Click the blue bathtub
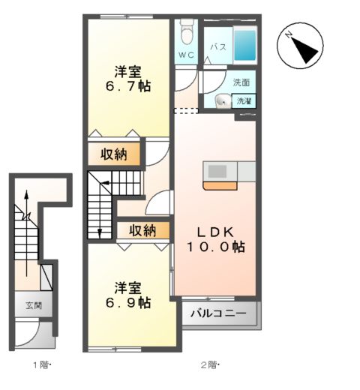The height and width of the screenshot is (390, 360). click(x=245, y=45)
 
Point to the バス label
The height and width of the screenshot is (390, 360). click(x=217, y=47)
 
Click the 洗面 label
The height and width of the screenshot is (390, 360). click(x=241, y=82)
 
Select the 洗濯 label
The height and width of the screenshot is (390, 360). click(x=244, y=100)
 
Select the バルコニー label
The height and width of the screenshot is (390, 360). click(x=217, y=313)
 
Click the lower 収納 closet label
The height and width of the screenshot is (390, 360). click(x=141, y=230)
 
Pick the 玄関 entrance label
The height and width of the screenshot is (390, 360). click(x=34, y=305)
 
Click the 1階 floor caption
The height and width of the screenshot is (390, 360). click(x=42, y=365)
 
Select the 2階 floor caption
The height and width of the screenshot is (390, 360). click(x=209, y=365)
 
